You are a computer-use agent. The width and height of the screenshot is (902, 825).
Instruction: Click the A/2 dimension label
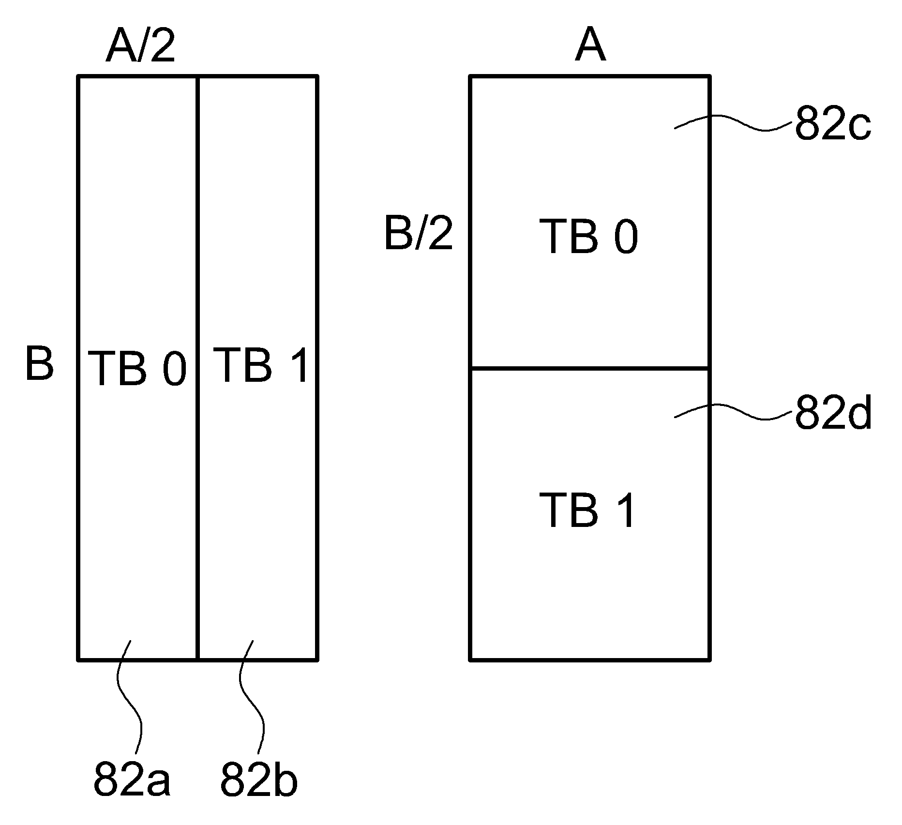140,47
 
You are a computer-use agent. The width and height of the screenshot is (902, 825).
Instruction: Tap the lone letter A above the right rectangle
590,47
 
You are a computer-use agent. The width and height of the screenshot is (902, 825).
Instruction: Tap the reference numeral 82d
833,414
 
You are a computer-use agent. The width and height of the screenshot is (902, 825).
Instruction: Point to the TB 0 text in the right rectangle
589,237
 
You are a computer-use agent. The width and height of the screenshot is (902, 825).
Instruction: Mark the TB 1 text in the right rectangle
586,510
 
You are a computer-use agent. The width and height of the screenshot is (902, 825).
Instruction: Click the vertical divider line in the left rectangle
198,368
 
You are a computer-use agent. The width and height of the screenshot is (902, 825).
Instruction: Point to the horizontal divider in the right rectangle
590,369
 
